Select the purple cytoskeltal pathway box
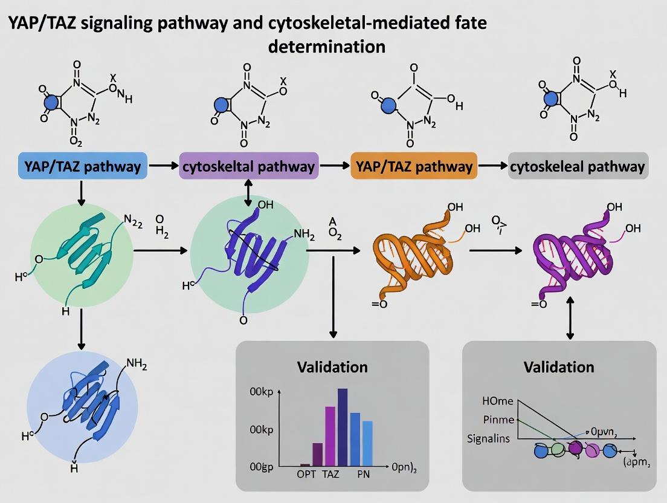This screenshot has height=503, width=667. point(248,166)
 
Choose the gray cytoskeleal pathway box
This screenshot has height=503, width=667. point(578,166)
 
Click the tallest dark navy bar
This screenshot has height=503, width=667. point(343,426)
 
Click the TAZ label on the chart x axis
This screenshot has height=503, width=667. point(331,475)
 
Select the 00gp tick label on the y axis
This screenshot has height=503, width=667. point(263,467)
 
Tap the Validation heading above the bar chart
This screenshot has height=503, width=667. point(332,367)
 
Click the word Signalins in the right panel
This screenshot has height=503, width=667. point(488,438)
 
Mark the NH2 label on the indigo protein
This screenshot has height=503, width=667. point(304,234)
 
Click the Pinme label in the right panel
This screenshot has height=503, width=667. point(498,420)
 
